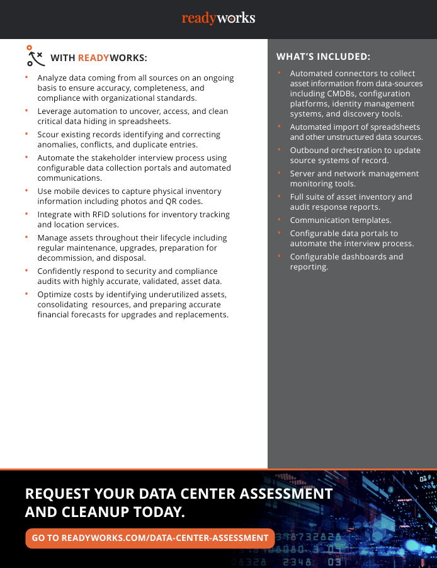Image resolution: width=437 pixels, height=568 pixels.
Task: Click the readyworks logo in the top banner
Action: [x=219, y=18]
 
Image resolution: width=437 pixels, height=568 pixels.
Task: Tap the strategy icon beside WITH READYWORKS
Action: [x=35, y=56]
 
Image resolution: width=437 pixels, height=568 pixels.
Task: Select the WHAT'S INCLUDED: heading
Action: [x=323, y=57]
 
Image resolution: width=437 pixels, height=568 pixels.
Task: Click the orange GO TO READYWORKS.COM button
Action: [x=150, y=538]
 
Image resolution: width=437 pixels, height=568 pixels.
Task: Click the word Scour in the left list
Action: [x=49, y=135]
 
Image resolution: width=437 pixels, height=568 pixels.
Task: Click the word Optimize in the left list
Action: [x=55, y=295]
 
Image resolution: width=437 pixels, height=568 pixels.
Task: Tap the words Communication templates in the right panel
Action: [x=341, y=220]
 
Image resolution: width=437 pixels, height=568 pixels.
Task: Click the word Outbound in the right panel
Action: [x=308, y=151]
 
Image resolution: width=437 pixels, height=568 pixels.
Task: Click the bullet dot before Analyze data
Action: [x=27, y=77]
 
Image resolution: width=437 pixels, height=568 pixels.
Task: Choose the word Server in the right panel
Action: [x=302, y=174]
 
